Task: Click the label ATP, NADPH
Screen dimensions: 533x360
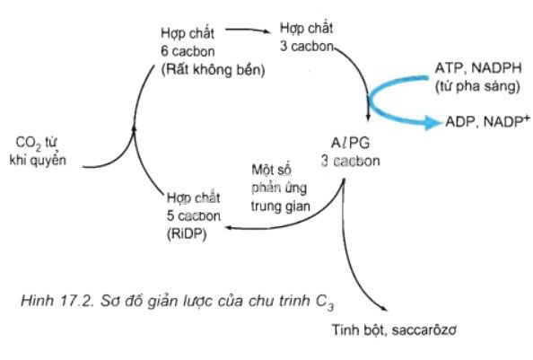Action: click(x=478, y=68)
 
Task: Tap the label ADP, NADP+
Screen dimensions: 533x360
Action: click(x=487, y=121)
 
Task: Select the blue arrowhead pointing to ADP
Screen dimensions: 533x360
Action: click(x=433, y=122)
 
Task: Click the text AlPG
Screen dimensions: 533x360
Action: click(x=350, y=143)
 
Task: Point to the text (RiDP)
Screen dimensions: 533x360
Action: click(x=187, y=234)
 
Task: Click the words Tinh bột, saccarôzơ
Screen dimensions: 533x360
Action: click(x=394, y=330)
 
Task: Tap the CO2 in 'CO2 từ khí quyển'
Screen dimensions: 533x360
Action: click(x=28, y=143)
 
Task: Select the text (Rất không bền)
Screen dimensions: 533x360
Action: click(x=214, y=70)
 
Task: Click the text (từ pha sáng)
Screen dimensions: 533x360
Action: click(x=477, y=86)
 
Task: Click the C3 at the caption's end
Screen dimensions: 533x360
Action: click(x=325, y=303)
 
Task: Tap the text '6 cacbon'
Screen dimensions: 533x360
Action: click(x=188, y=51)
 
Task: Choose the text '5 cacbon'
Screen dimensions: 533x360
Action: click(x=194, y=215)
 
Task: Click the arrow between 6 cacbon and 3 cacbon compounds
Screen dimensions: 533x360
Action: click(x=249, y=31)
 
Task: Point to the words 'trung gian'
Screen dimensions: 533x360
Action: click(x=281, y=206)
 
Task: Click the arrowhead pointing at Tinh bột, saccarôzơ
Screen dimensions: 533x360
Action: click(x=384, y=308)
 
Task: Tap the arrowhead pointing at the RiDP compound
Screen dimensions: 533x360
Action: click(x=229, y=227)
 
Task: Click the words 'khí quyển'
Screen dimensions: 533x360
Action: click(x=38, y=160)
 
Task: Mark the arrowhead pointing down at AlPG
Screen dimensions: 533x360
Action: click(x=368, y=117)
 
